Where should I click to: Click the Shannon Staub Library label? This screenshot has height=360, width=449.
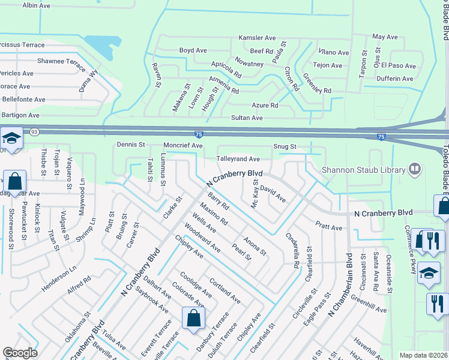pyautogui.click(x=363, y=170)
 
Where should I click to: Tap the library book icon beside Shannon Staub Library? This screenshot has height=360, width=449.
pyautogui.click(x=414, y=170)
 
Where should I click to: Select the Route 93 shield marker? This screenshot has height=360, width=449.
pyautogui.click(x=34, y=131)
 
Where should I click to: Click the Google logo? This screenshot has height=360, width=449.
pyautogui.click(x=20, y=353)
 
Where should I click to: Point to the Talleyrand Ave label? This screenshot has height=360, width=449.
pyautogui.click(x=238, y=159)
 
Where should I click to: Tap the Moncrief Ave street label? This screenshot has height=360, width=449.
pyautogui.click(x=183, y=145)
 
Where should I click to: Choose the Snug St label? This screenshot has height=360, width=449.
pyautogui.click(x=285, y=146)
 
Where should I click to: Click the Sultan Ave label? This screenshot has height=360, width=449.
pyautogui.click(x=247, y=118)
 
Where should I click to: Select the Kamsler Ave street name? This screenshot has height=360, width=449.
pyautogui.click(x=259, y=38)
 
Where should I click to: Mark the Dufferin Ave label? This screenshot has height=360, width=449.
pyautogui.click(x=394, y=79)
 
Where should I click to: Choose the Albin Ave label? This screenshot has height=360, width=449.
pyautogui.click(x=37, y=5)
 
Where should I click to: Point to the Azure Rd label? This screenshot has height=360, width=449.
pyautogui.click(x=265, y=106)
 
